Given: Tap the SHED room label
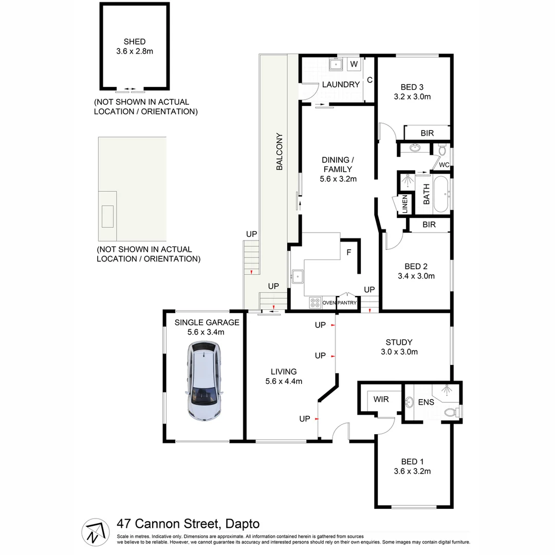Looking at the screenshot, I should click(135, 42).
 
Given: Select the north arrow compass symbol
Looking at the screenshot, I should click(95, 531).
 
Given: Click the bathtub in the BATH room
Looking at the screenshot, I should click(441, 195).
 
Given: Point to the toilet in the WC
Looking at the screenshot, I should click(442, 151).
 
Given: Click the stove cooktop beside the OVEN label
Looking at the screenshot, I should click(314, 303).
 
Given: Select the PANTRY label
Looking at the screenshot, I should click(347, 303).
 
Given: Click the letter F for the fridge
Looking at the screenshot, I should click(349, 252).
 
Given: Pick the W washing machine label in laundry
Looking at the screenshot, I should click(354, 64).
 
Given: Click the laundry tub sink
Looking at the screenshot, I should click(337, 64).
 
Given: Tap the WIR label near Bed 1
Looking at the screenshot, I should click(381, 399).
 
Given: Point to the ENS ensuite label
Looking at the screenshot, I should click(426, 402).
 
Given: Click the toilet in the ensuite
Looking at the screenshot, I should click(451, 412).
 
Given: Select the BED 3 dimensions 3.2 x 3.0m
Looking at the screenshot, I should click(412, 96).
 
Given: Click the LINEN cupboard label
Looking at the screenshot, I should click(405, 204).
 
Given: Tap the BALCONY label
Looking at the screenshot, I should click(280, 152).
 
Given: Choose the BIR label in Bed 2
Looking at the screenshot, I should click(429, 225).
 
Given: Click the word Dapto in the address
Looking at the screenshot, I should click(242, 524).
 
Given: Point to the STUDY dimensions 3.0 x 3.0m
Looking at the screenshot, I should click(399, 352).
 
